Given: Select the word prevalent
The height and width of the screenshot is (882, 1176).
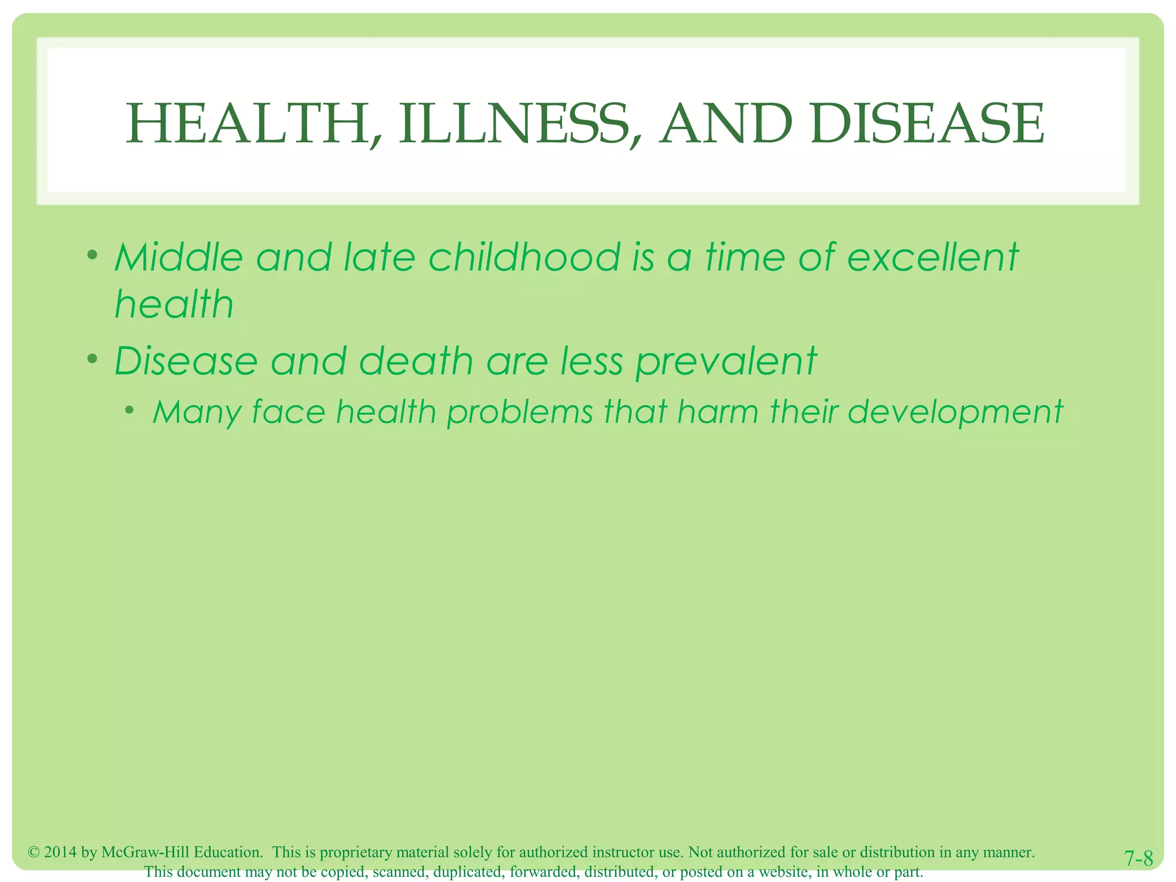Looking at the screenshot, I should [x=726, y=362].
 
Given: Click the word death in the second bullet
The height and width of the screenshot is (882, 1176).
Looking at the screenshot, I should [x=416, y=362].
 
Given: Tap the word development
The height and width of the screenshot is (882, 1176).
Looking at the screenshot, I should [x=955, y=412].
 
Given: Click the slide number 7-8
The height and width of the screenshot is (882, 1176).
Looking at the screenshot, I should [x=1138, y=859].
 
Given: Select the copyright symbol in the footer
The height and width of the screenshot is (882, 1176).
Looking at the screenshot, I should [x=33, y=852].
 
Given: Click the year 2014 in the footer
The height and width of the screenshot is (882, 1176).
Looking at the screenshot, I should [x=60, y=852].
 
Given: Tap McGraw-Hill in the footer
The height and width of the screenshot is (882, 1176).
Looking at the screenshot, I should [x=145, y=852].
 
